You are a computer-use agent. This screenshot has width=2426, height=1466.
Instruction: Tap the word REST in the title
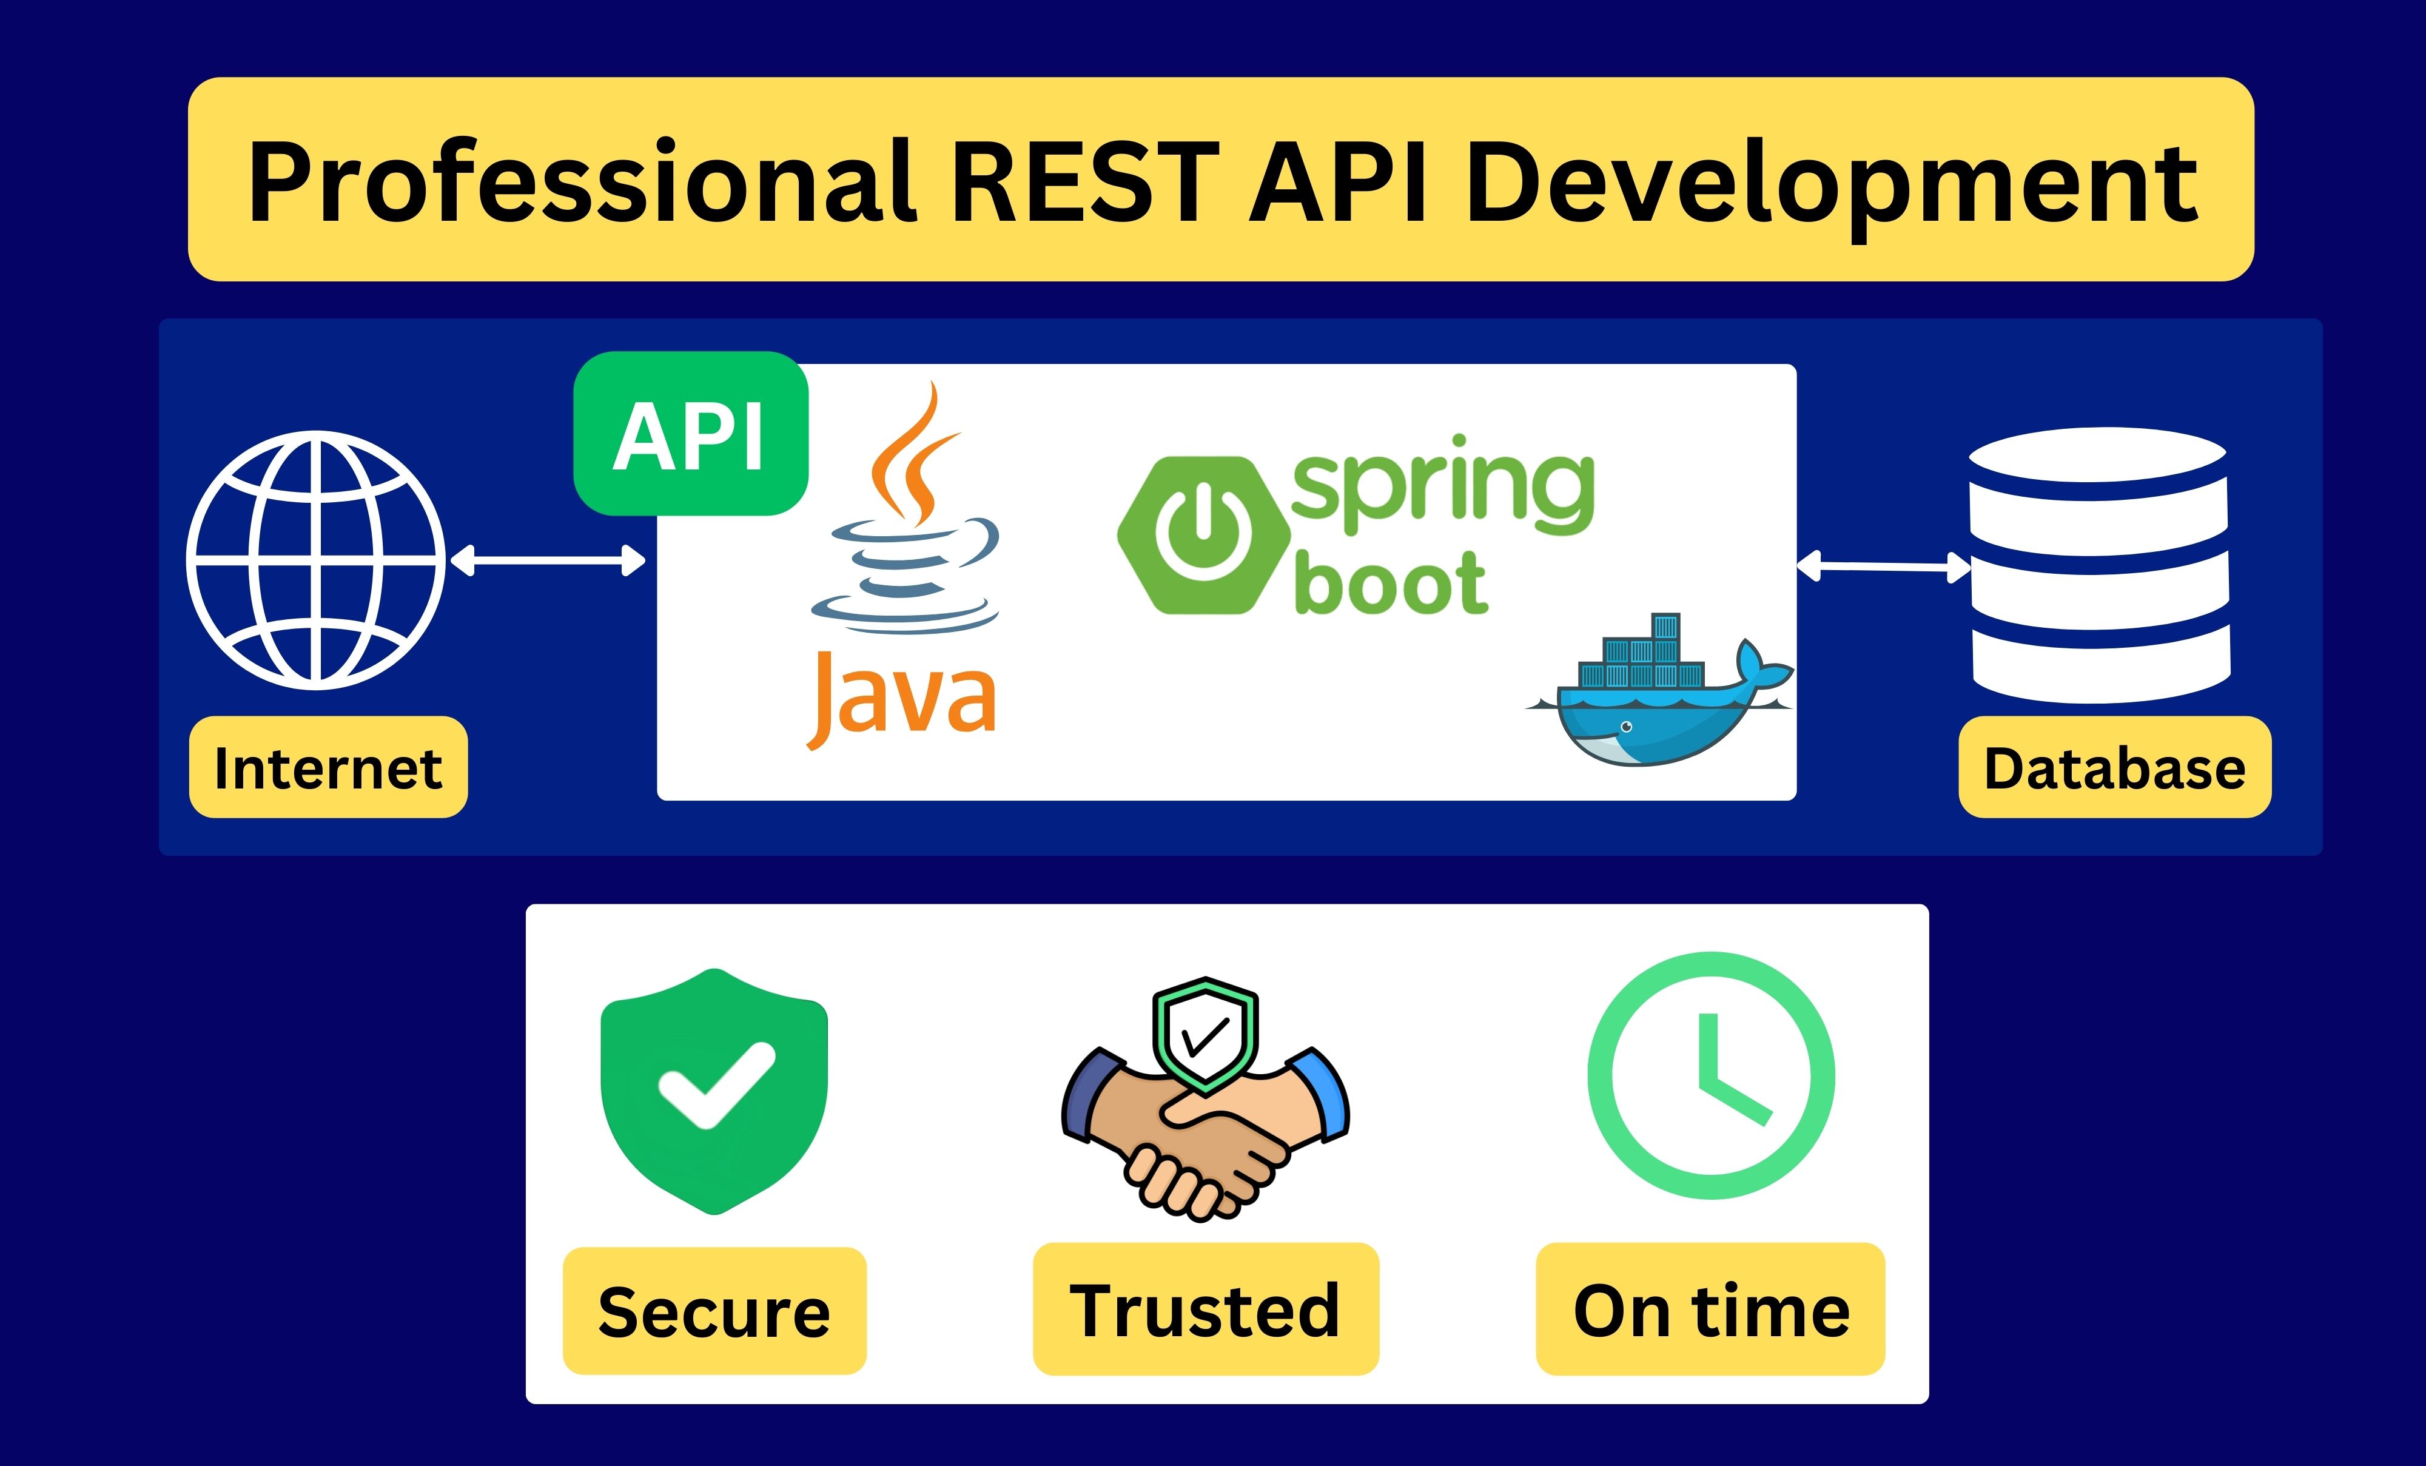[1086, 182]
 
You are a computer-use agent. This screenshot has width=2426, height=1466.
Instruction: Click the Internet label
[328, 767]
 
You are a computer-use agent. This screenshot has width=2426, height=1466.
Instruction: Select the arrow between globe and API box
[548, 561]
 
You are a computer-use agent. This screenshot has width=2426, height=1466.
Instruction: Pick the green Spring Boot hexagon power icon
[1203, 534]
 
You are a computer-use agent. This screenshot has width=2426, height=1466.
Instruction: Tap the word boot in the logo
[1390, 583]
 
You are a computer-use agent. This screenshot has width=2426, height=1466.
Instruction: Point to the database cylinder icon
[2099, 565]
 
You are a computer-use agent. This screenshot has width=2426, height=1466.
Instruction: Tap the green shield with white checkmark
[715, 1092]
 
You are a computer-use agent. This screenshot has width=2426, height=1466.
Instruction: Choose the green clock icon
[1711, 1075]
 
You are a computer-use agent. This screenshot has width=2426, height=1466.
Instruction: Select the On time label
[1710, 1310]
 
